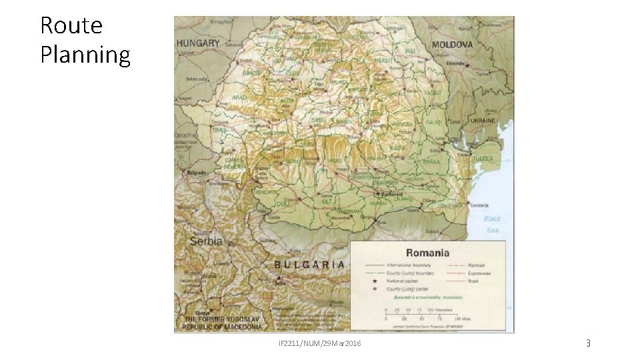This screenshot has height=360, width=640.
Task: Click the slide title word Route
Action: tap(71, 25)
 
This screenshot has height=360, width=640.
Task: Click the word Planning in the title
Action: tap(85, 55)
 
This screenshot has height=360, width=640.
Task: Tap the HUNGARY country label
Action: tap(198, 43)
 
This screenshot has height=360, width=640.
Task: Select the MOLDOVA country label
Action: tap(453, 45)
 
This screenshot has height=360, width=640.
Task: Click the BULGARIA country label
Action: tap(310, 264)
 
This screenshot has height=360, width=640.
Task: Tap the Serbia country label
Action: tap(207, 241)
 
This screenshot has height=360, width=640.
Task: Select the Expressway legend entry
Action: tap(479, 273)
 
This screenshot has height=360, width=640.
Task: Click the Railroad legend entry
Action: tap(476, 265)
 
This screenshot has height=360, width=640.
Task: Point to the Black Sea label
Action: tap(492, 224)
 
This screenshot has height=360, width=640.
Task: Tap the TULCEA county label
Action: tap(483, 159)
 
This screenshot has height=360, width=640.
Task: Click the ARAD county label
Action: tap(239, 97)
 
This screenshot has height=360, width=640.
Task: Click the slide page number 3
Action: tap(588, 343)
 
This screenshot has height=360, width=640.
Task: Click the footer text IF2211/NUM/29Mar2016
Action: tap(319, 343)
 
